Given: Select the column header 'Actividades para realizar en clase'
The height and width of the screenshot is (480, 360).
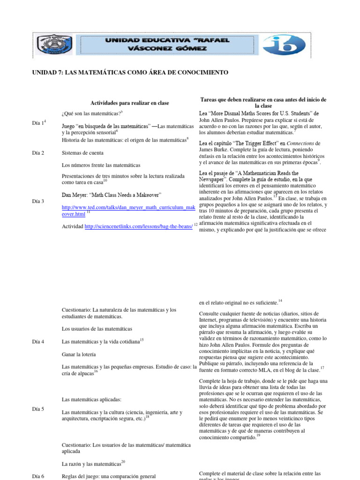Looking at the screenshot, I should [x=129, y=103].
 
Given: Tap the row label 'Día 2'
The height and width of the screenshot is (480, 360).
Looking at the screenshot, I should [x=37, y=153].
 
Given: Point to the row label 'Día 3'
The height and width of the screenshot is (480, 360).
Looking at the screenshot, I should [x=37, y=201].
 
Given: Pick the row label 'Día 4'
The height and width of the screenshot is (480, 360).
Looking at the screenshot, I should [x=37, y=342].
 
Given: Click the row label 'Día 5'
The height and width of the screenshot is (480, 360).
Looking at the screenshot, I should [x=37, y=409].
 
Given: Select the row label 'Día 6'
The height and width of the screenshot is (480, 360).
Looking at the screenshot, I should [x=37, y=476].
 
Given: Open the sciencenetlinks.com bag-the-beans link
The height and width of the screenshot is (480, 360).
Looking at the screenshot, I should [x=138, y=226].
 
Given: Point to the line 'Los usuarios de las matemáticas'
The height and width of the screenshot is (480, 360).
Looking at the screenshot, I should [x=97, y=329].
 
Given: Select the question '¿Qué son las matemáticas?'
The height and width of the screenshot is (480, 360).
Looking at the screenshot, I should [x=91, y=114].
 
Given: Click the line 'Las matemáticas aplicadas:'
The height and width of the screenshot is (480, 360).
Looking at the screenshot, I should [x=91, y=399].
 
